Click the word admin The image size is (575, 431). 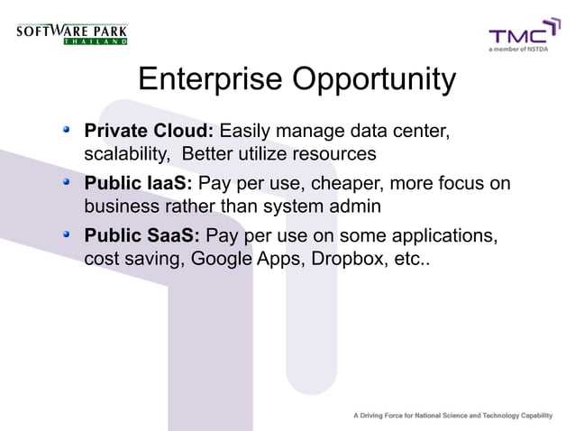356,206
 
